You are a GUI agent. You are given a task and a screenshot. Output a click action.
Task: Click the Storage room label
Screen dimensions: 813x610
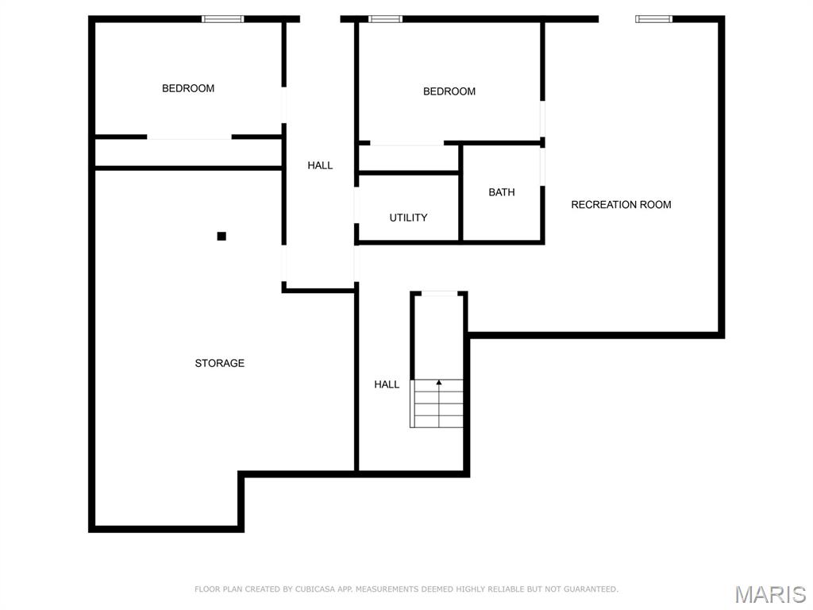(x=219, y=363)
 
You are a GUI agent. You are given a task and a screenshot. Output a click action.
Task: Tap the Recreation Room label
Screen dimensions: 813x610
(x=621, y=205)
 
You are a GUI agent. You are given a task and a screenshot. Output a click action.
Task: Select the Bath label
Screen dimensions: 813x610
(x=502, y=192)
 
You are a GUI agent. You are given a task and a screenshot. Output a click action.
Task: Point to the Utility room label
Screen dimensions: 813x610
(x=409, y=218)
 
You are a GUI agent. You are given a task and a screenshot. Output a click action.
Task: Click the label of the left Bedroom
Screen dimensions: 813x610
(x=188, y=89)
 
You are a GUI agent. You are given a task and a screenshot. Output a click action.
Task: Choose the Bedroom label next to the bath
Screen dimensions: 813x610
(x=449, y=92)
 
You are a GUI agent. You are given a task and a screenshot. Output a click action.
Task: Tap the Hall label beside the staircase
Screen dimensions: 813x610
(x=387, y=384)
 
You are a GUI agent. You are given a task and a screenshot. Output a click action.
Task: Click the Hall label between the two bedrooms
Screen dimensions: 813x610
(x=320, y=165)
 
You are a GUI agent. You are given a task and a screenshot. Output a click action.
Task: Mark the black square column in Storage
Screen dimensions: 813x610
(x=222, y=237)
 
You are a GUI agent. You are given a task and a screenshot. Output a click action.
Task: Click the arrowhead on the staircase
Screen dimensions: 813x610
(x=439, y=383)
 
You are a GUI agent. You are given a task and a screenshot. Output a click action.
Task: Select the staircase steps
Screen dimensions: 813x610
(x=437, y=403)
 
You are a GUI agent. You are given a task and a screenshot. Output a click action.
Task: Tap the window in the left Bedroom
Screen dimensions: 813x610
(x=223, y=19)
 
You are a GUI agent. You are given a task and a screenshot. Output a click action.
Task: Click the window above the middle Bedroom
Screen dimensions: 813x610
(x=385, y=19)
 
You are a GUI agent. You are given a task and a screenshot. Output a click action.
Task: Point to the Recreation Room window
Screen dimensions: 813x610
(x=654, y=19)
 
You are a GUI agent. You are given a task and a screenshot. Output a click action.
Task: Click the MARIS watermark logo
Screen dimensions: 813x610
(x=771, y=594)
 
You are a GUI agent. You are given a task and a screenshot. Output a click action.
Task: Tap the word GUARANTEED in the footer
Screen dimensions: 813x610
(x=591, y=589)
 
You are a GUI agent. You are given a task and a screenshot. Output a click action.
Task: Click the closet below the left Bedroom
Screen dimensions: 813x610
(x=189, y=152)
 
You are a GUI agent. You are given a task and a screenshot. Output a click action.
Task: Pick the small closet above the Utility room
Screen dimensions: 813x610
(x=409, y=158)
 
